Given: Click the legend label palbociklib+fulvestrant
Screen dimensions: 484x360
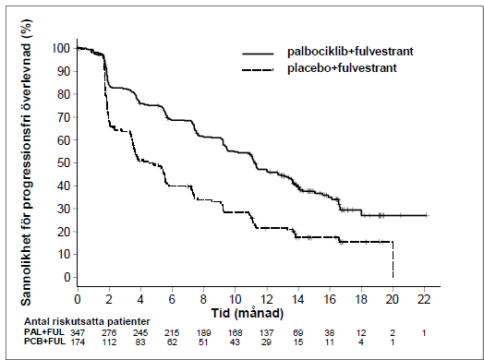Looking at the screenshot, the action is point(350,51).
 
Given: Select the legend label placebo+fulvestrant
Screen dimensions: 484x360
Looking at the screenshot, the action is point(342,68).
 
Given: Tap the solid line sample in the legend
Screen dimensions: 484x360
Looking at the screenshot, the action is point(258,54).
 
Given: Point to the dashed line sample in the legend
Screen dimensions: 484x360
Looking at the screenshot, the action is point(258,70).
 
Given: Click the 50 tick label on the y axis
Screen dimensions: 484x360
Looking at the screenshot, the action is point(64,162).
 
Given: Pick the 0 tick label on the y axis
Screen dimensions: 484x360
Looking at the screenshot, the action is point(67,277).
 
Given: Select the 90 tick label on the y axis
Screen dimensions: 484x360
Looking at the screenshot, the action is point(64,71).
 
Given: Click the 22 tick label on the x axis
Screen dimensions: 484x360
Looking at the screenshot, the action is point(424,299).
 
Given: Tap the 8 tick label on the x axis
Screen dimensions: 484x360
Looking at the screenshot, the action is point(203,299).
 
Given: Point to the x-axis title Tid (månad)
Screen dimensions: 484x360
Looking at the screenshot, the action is point(248,313).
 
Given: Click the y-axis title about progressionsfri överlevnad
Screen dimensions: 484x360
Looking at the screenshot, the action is point(27,162).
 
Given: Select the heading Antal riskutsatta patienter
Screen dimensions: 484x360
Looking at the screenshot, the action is point(87,321).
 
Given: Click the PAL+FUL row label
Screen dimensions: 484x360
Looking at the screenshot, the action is point(44,332).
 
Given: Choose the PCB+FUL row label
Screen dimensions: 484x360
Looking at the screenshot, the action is point(44,342).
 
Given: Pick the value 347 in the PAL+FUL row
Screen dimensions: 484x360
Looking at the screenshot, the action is point(78,333).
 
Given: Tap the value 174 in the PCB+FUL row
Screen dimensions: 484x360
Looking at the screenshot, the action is point(78,342).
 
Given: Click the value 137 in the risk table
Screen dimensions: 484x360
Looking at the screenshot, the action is point(266,333).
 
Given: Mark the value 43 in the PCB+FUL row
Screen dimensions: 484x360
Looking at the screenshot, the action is point(235,342).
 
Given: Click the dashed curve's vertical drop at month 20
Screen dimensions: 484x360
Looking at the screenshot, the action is point(393,259).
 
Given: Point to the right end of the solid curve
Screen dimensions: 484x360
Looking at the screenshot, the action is point(429,215).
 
